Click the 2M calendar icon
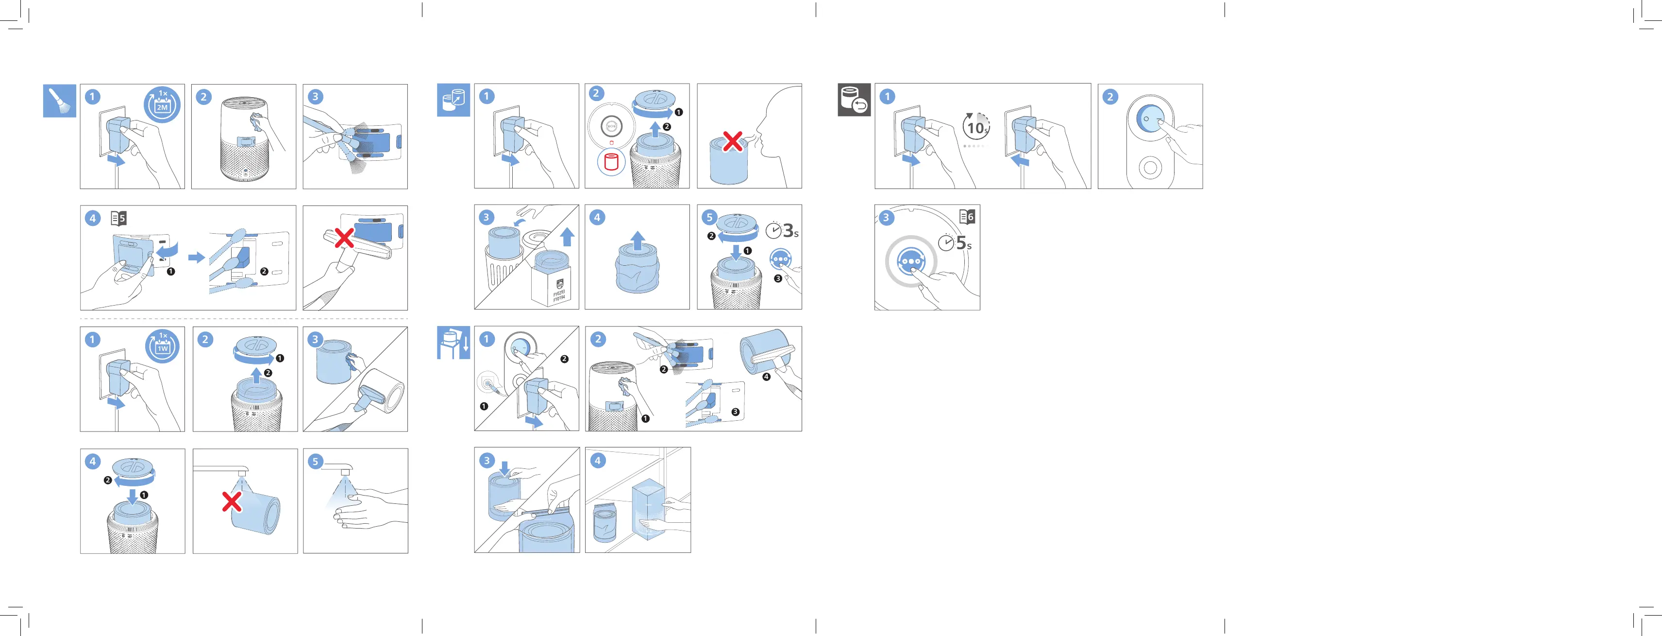coord(162,104)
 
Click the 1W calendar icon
coord(163,345)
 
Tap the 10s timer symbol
coord(976,126)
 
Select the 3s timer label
coord(783,230)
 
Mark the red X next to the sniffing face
coord(732,141)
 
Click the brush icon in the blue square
coord(59,101)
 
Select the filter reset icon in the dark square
coord(854,100)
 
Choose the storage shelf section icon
coord(453,342)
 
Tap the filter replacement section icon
coord(453,100)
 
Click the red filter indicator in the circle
coord(611,162)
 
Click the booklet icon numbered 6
coord(967,217)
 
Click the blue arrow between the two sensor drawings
coord(196,258)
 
